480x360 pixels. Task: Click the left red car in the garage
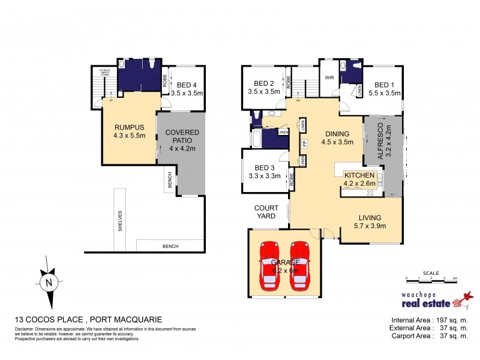coord(269,265)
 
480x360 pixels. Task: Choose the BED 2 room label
coord(264,83)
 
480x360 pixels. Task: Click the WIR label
coord(329,78)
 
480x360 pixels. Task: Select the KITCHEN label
coord(359,175)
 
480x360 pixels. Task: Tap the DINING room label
coord(335,134)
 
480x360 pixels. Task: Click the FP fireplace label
coord(304,143)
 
